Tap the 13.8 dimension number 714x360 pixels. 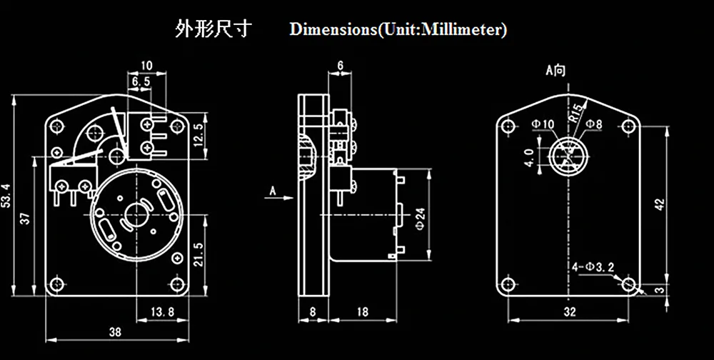[x=164, y=311]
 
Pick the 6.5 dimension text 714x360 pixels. [x=141, y=83]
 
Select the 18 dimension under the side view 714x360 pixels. [x=362, y=311]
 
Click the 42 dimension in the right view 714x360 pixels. [x=660, y=204]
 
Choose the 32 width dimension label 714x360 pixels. [x=569, y=311]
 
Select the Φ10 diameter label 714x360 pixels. [x=543, y=124]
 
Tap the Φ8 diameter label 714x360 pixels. [x=594, y=124]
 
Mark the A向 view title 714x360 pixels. [x=555, y=71]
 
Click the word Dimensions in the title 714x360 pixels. [x=333, y=31]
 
